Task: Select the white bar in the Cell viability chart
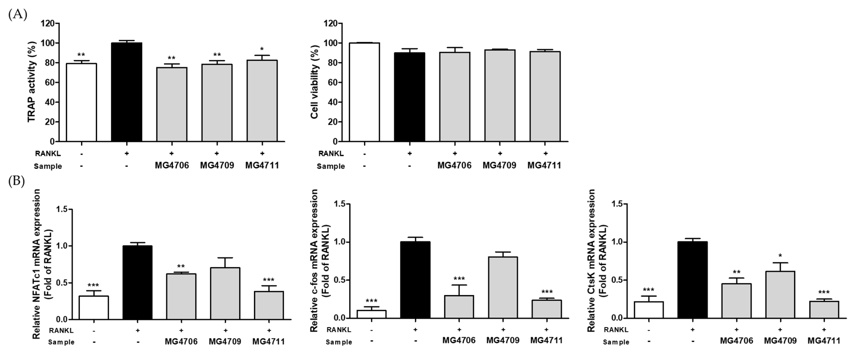364,92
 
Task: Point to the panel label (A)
17,15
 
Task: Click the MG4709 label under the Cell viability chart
499,166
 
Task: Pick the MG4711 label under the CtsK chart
824,341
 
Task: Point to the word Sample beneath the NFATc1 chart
61,342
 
